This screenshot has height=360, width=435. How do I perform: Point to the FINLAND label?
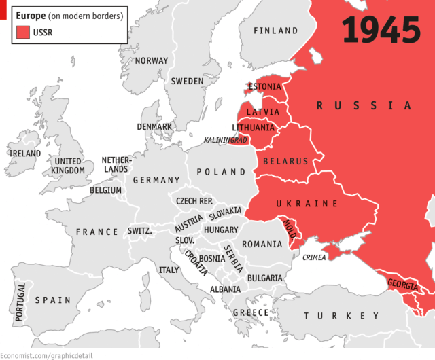click(x=275, y=31)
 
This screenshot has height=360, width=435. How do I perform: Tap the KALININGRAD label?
click(x=226, y=140)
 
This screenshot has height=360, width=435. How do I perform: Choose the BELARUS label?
click(x=285, y=162)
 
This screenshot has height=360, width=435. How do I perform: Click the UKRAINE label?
click(x=307, y=204)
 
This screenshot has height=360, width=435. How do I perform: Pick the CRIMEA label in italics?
click(x=314, y=257)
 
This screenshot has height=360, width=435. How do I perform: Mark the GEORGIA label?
click(x=403, y=285)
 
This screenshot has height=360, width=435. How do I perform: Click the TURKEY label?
click(x=342, y=316)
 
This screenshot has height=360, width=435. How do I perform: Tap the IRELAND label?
click(x=25, y=154)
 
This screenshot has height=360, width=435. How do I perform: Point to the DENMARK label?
click(x=154, y=127)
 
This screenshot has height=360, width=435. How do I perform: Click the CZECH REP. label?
click(x=194, y=201)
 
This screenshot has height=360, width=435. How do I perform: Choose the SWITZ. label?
click(x=140, y=231)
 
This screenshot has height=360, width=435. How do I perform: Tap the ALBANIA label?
click(x=225, y=289)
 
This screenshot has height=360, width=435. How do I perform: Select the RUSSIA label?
click(x=364, y=105)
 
